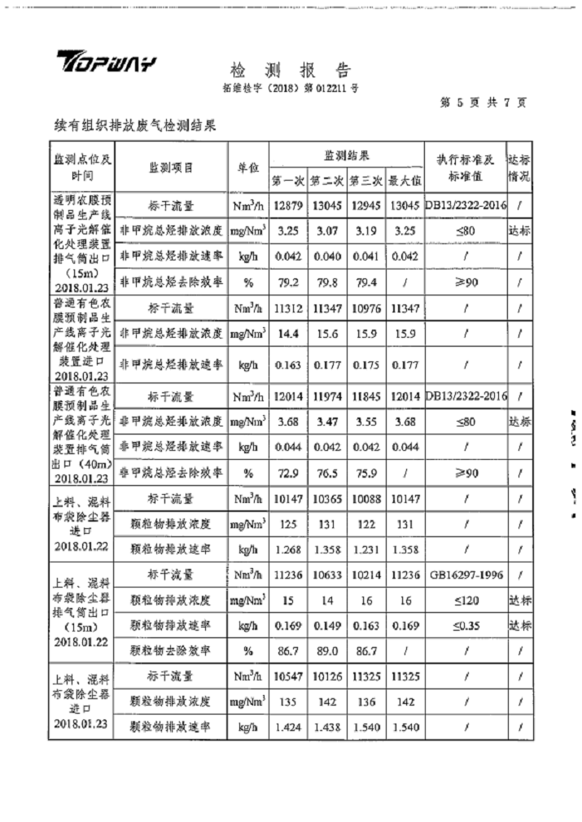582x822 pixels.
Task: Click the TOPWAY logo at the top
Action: click(105, 64)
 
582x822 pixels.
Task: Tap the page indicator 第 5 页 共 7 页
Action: click(482, 103)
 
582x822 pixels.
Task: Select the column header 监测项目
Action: click(171, 168)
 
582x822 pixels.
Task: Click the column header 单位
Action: click(247, 168)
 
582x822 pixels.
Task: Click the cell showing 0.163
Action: click(287, 365)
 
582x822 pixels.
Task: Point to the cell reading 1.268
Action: click(287, 550)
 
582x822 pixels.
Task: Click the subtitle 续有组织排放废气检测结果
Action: click(133, 126)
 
